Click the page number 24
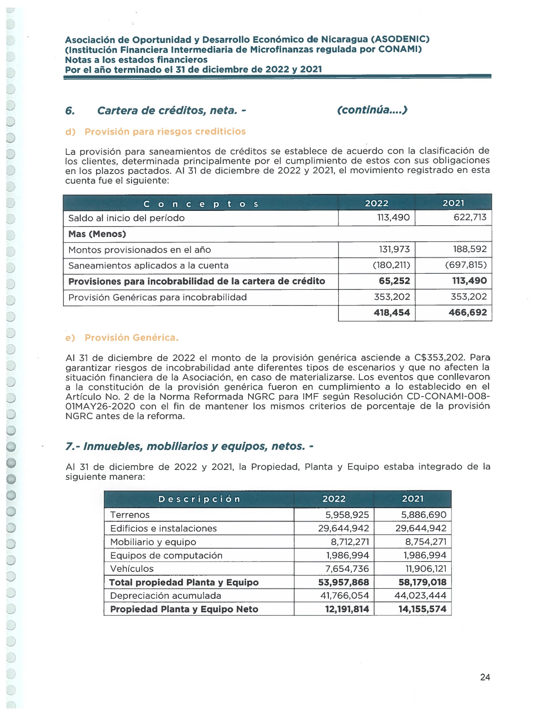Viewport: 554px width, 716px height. click(485, 677)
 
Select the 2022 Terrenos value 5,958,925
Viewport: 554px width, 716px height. click(347, 515)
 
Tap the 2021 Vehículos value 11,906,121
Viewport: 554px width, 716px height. click(425, 568)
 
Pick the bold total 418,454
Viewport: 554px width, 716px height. click(391, 312)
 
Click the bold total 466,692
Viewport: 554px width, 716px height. click(468, 312)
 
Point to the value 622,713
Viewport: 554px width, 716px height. click(470, 217)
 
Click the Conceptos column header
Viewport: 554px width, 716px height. click(201, 204)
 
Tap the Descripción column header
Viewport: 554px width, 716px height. click(199, 499)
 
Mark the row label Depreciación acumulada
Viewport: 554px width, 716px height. click(166, 596)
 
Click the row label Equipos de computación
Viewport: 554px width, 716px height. click(166, 555)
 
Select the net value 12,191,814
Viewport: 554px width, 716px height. click(347, 609)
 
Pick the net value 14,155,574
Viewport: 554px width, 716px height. click(422, 609)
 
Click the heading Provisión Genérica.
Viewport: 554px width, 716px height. click(131, 338)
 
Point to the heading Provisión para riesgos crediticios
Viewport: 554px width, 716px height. click(165, 131)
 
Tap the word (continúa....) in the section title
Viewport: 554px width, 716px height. click(372, 110)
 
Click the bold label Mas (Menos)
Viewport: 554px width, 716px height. click(97, 234)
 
